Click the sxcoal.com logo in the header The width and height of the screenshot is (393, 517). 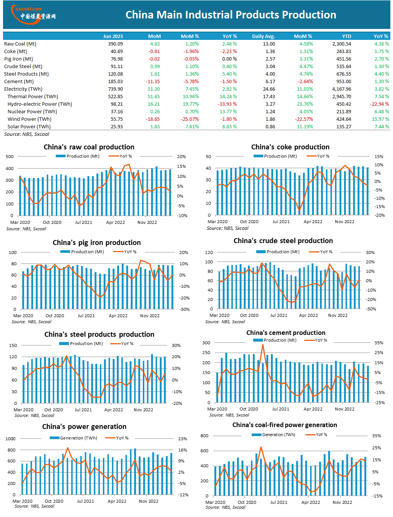click(33, 15)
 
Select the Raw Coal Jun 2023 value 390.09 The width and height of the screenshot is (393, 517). click(115, 44)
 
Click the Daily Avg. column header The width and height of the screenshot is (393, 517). click(263, 36)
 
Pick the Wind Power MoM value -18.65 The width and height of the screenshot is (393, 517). click(153, 119)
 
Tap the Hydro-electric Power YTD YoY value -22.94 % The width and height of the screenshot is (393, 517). click(379, 104)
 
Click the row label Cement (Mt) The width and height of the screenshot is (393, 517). click(19, 82)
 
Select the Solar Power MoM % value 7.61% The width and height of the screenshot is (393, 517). click(192, 127)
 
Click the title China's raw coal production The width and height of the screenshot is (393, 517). click(89, 147)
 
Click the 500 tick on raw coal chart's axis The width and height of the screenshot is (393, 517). click(10, 157)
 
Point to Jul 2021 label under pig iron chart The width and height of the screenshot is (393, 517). click(86, 316)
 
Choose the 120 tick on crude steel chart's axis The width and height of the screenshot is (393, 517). click(209, 252)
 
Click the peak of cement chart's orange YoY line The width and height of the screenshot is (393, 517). click(263, 345)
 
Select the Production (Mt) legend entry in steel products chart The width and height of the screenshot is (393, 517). click(81, 344)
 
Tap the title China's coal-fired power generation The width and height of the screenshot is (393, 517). click(284, 425)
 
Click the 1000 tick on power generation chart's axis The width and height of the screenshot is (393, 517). click(11, 439)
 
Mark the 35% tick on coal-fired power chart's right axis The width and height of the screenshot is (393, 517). click(376, 436)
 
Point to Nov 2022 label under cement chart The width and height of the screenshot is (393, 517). click(344, 409)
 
